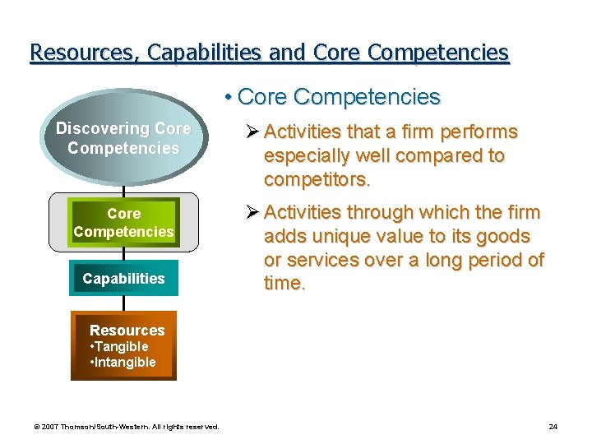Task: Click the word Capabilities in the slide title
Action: [205, 53]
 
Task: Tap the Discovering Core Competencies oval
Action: [123, 139]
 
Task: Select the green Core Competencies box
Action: [123, 223]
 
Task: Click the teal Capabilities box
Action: [123, 279]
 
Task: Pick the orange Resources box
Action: [123, 345]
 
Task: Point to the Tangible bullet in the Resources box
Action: [120, 346]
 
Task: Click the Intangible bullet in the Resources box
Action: [123, 362]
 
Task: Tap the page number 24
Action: [553, 426]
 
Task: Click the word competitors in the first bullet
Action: [317, 179]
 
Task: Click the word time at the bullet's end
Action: [283, 284]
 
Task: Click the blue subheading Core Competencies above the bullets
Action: [338, 97]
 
